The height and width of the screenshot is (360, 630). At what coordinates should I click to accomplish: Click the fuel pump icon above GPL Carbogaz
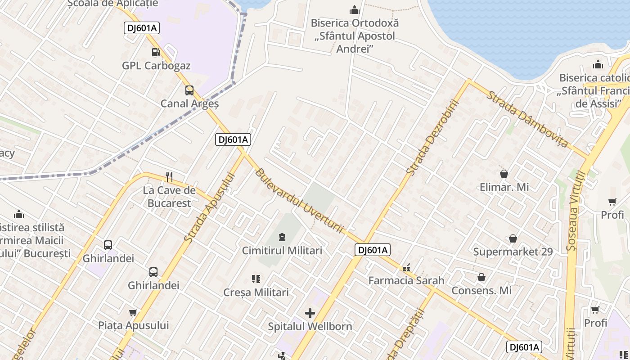[x=156, y=52]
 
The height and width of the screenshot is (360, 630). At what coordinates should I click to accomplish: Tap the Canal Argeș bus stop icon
[x=189, y=90]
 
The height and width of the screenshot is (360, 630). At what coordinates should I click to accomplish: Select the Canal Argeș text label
[x=189, y=103]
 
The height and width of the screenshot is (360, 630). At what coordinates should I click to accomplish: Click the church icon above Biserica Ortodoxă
[x=355, y=10]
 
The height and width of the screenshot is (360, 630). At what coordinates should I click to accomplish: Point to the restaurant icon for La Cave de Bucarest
[x=169, y=176]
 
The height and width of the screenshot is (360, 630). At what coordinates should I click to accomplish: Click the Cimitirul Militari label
[x=282, y=251]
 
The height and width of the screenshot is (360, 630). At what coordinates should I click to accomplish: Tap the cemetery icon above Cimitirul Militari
[x=282, y=237]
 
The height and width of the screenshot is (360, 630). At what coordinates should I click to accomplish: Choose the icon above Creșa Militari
[x=256, y=279]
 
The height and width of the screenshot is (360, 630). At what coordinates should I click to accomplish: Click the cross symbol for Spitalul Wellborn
[x=310, y=313]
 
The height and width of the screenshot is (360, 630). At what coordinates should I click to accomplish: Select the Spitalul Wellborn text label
[x=310, y=326]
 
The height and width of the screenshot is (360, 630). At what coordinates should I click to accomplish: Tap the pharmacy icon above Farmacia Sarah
[x=406, y=268]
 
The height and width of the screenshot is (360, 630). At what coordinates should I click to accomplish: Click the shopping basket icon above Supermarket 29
[x=513, y=238]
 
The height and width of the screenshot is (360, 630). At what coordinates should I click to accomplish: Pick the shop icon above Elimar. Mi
[x=504, y=174]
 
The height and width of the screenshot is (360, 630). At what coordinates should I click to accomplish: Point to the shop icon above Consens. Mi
[x=481, y=277]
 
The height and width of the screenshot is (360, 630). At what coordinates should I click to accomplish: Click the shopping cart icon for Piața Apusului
[x=133, y=312]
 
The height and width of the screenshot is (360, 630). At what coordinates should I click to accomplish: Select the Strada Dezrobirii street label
[x=432, y=137]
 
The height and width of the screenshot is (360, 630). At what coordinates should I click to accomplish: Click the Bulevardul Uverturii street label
[x=300, y=201]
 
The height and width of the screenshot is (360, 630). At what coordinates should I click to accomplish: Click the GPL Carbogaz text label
[x=156, y=66]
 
